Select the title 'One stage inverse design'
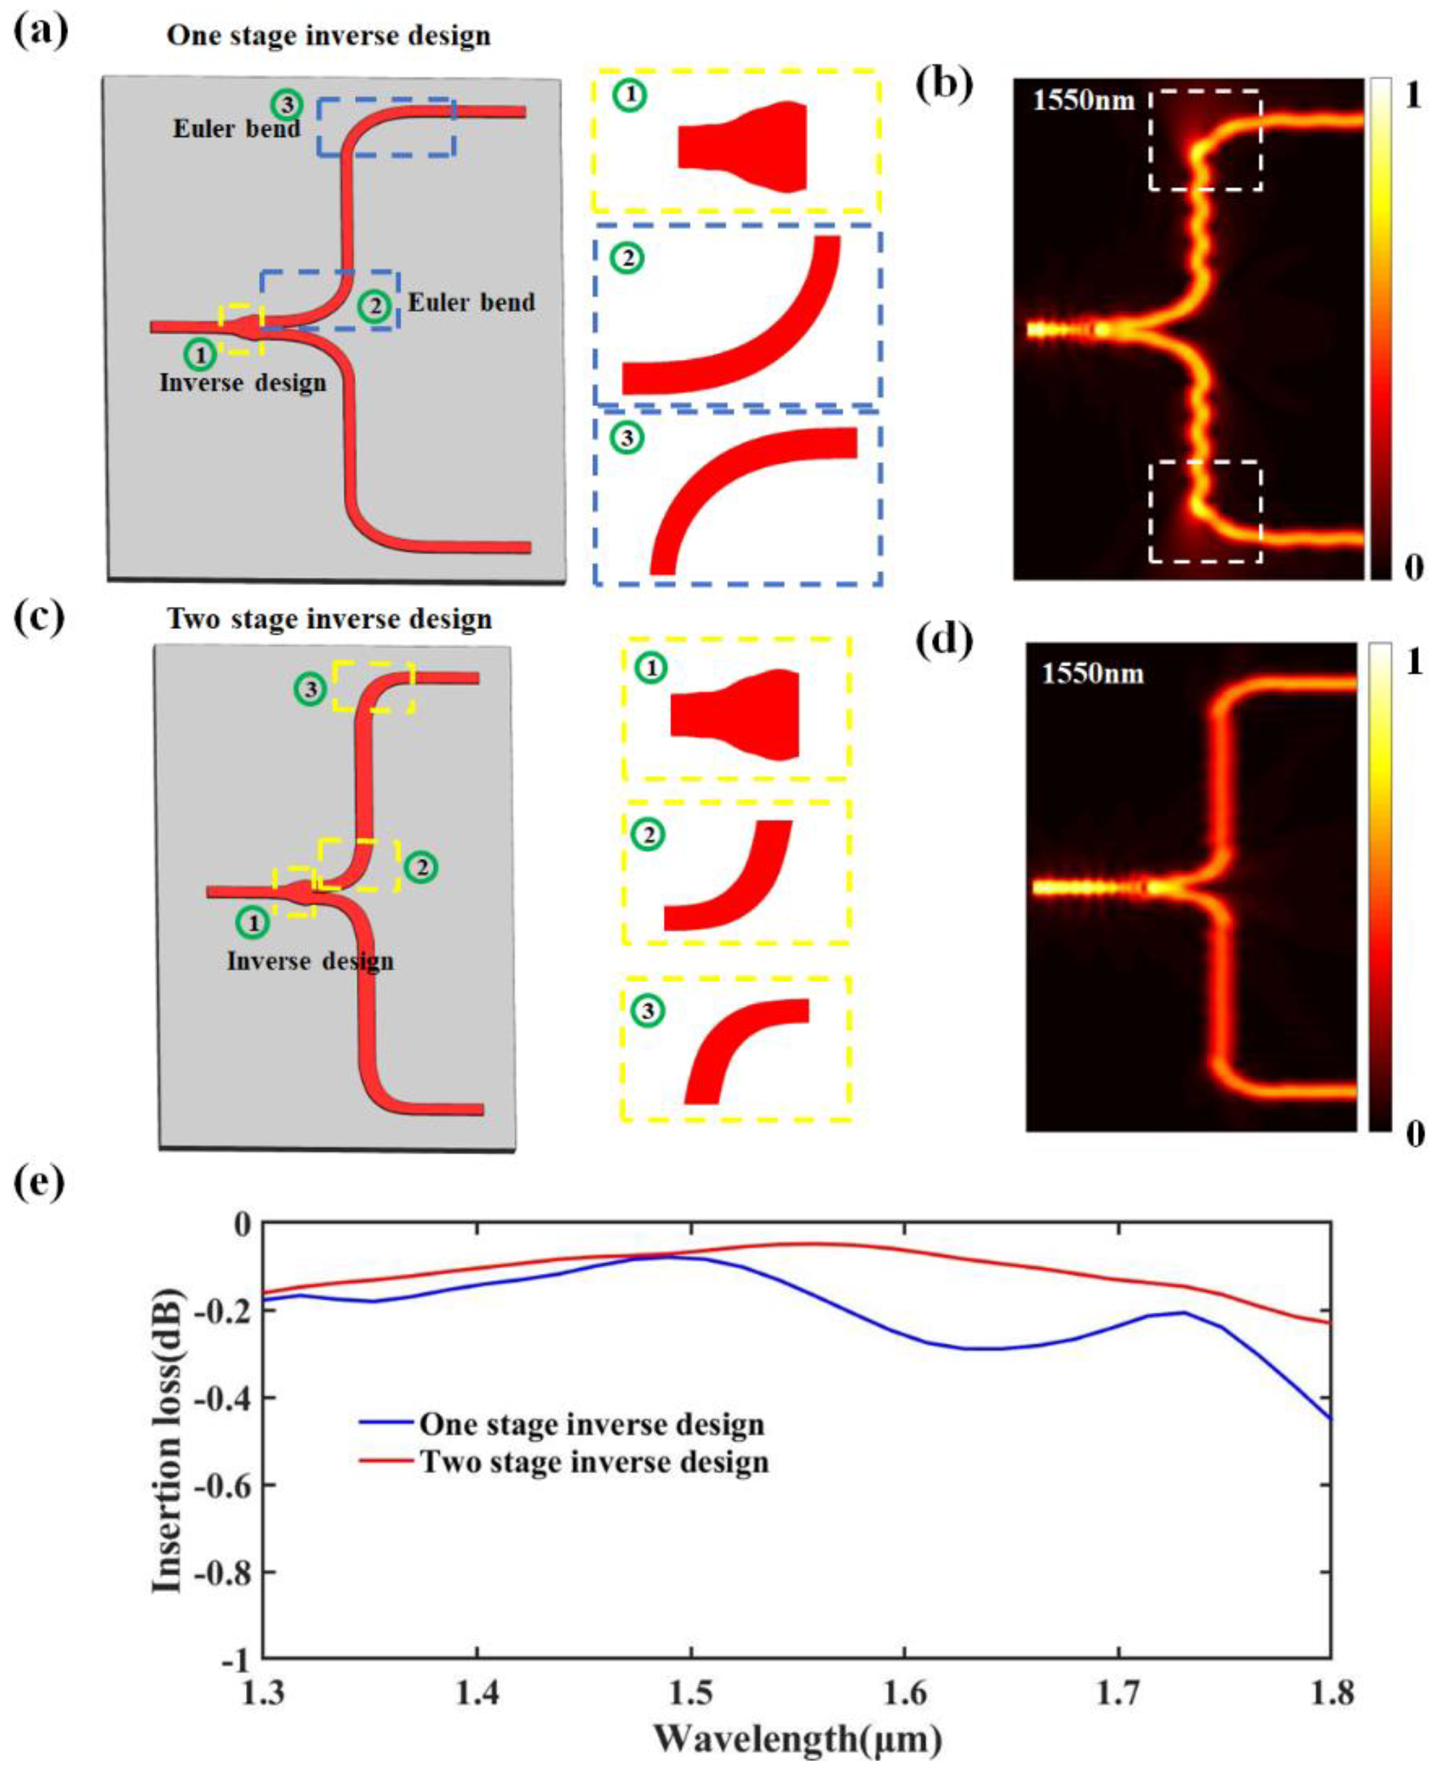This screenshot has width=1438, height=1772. tap(329, 36)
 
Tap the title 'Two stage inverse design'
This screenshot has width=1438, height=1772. tap(330, 619)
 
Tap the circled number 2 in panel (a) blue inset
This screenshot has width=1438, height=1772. tap(627, 259)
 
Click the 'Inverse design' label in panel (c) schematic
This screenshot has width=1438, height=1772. tap(311, 961)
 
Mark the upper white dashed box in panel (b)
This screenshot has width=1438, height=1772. tap(1205, 140)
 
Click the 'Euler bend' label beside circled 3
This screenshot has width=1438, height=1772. tap(237, 129)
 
